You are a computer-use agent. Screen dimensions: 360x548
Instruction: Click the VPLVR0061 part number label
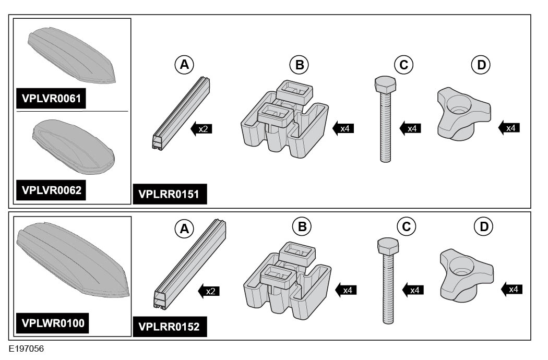[x=51, y=98]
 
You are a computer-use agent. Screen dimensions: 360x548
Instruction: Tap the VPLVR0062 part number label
[x=51, y=190]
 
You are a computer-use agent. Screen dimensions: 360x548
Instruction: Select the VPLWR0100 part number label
[x=51, y=323]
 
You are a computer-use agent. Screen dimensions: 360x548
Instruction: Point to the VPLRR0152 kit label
[x=170, y=327]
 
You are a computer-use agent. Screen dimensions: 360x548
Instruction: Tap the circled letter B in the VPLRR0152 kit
[x=301, y=226]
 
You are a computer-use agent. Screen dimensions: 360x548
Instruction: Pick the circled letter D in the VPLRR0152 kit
[x=483, y=226]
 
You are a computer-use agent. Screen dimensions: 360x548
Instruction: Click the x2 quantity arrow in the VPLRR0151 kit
[x=200, y=128]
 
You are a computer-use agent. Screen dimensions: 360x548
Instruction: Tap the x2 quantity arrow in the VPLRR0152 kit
[x=208, y=291]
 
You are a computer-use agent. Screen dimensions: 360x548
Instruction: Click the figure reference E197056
[x=26, y=347]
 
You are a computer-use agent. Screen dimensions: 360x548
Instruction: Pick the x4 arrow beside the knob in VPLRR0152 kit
[x=511, y=288]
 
